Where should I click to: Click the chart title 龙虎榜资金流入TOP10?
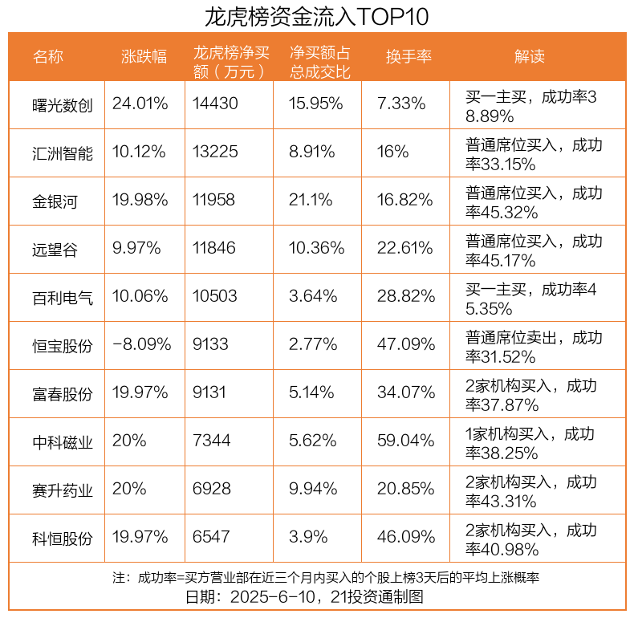317,16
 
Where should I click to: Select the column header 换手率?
408,57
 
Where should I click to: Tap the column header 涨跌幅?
144,57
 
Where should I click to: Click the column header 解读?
530,57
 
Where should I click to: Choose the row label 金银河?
55,201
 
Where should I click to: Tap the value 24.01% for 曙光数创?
140,104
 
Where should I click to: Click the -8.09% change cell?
142,344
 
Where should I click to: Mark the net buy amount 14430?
215,104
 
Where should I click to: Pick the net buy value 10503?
215,296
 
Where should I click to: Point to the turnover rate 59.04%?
405,441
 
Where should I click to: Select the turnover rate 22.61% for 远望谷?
405,248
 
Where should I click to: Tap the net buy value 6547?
211,537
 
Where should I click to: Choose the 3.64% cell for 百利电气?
313,296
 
